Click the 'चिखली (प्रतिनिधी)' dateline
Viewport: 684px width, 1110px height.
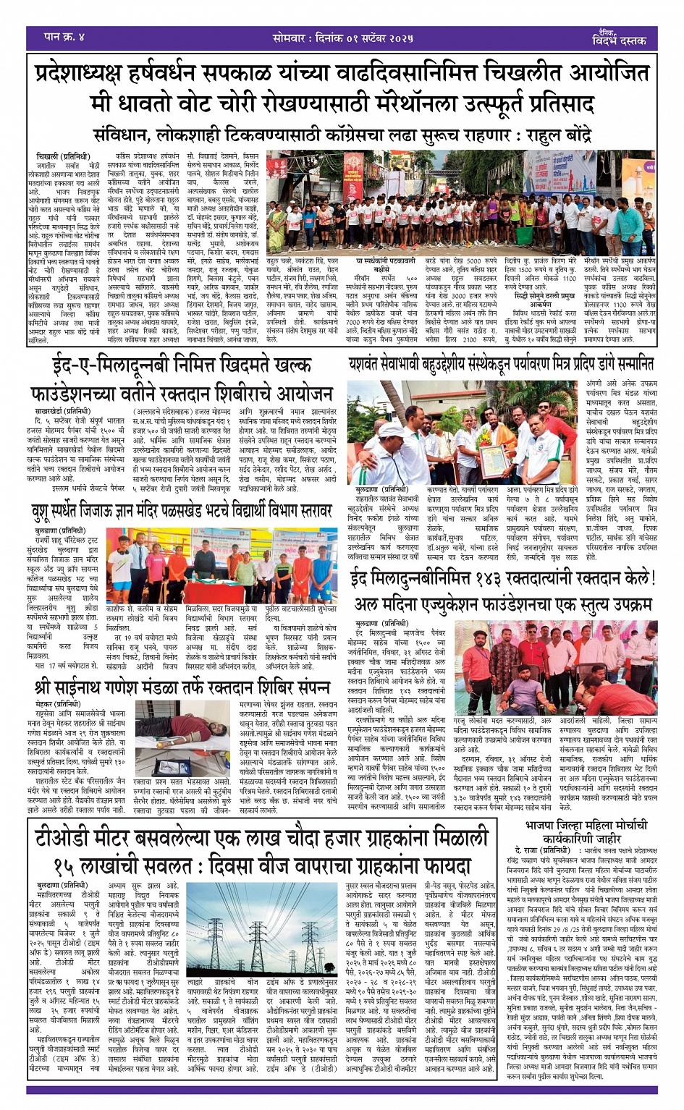click(64, 156)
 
